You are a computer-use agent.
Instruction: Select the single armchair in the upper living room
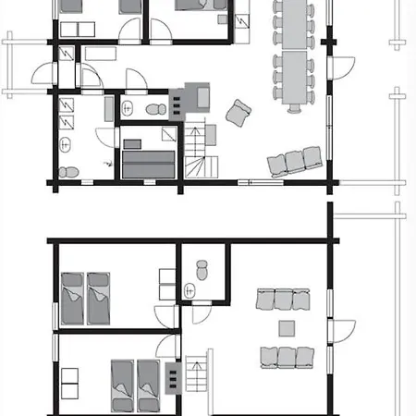[239, 114]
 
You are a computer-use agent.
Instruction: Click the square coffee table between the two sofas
[287, 327]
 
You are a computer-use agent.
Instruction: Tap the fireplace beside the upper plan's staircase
[195, 95]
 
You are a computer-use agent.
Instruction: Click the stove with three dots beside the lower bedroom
[172, 374]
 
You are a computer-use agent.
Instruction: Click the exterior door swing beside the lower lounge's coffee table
[344, 329]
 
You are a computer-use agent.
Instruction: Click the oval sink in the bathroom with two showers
[67, 144]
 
